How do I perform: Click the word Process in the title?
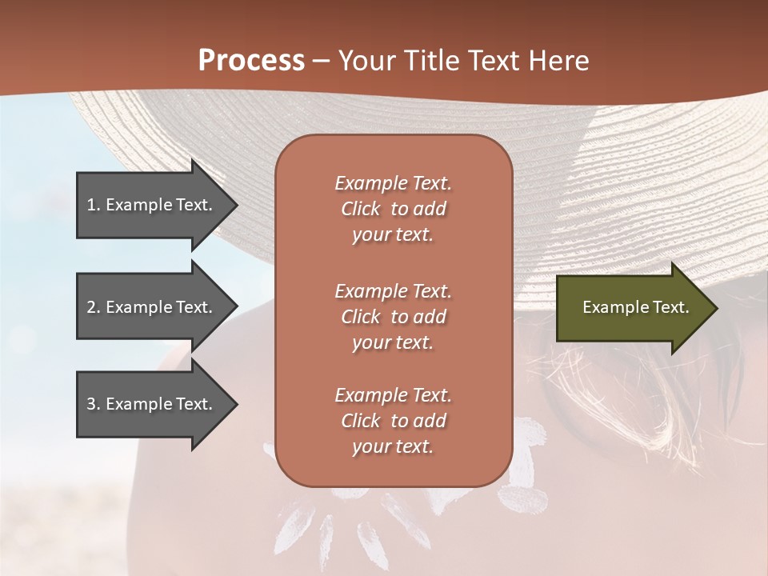click(251, 61)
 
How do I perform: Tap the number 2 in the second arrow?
click(90, 307)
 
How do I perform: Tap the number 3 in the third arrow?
click(90, 404)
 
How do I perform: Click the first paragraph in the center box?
click(393, 209)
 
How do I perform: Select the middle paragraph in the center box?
click(393, 317)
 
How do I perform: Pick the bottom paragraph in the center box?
click(393, 421)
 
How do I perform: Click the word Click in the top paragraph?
click(361, 209)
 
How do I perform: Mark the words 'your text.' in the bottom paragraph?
click(393, 446)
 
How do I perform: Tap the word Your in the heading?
click(364, 61)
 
